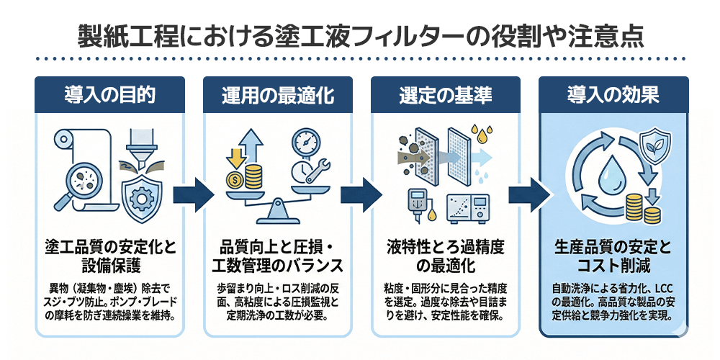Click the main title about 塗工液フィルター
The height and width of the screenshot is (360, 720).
click(359, 34)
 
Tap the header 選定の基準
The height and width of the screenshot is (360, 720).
click(444, 94)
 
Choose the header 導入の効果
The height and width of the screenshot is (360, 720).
click(613, 94)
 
